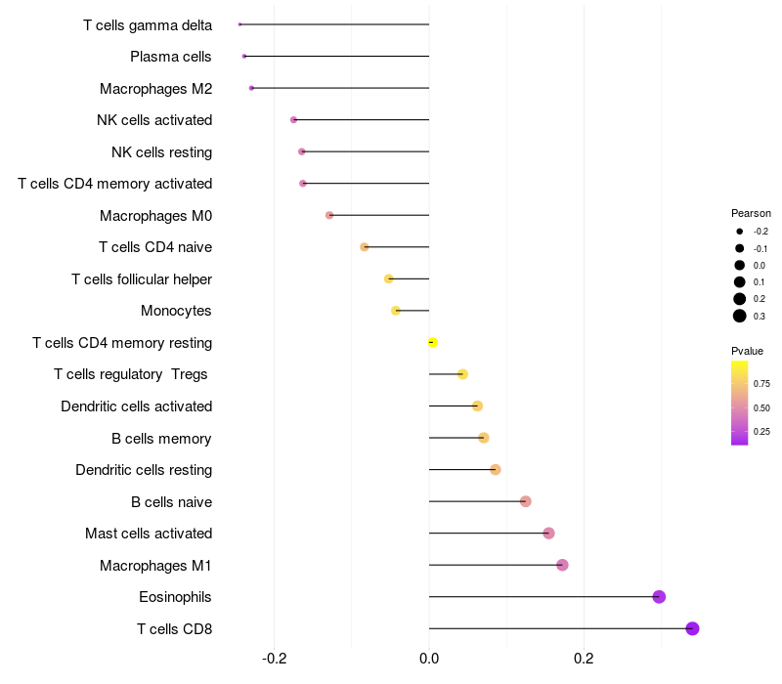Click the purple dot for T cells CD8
692,628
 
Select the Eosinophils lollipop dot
659,597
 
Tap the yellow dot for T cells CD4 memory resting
433,343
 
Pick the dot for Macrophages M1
562,565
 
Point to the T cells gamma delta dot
239,24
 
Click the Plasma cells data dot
243,57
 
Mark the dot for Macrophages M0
329,215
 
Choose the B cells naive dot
525,501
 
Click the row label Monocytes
176,311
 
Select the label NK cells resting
161,152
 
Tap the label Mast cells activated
149,534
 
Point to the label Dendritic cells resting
144,470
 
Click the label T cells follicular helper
142,279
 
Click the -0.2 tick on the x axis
274,659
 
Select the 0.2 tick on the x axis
584,659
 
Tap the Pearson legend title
751,213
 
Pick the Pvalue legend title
747,351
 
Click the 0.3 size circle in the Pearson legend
740,316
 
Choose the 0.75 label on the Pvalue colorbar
761,384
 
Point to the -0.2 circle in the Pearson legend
740,232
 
